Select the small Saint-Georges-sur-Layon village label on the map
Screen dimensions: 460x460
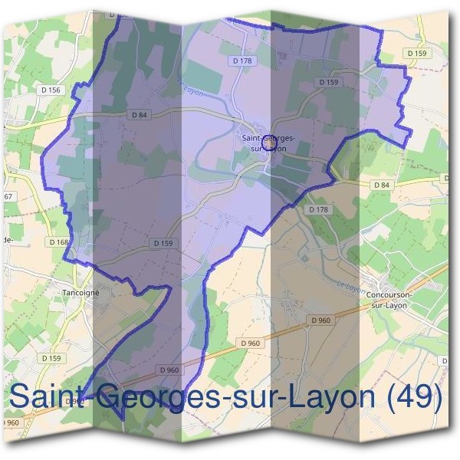coord(266,143)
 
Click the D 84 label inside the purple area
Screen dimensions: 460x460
coord(139,116)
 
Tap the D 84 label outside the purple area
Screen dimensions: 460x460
coord(381,186)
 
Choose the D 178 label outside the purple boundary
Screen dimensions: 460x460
coord(317,209)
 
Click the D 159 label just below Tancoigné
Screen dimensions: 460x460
coord(52,358)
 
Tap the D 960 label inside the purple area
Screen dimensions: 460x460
coord(169,370)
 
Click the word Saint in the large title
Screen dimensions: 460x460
coord(46,398)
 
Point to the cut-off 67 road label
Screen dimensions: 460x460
coord(8,197)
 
